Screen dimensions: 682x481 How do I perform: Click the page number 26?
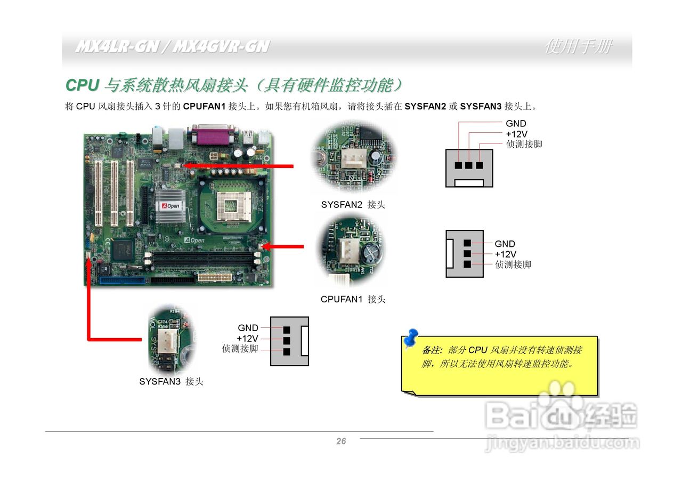tap(341, 441)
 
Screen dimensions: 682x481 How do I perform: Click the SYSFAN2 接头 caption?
tap(353, 204)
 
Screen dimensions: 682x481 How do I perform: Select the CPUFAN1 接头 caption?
tap(353, 299)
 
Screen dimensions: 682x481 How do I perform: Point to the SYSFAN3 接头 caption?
tap(171, 382)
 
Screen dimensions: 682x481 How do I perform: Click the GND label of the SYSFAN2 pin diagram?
tap(516, 124)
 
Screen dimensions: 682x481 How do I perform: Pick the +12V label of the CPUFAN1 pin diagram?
tap(505, 254)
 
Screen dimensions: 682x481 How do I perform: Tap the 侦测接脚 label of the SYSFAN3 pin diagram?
tap(240, 349)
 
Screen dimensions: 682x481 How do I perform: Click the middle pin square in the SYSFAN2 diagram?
tap(469, 165)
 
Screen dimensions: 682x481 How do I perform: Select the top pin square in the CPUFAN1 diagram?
tap(467, 244)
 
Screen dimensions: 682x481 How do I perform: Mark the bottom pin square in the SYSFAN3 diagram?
tap(287, 352)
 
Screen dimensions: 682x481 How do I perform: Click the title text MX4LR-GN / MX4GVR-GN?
tap(172, 47)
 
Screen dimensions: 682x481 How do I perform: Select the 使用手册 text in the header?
tap(578, 47)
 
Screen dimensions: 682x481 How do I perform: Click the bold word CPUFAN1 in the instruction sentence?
tap(205, 106)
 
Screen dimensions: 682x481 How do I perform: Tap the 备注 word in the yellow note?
tap(432, 350)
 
